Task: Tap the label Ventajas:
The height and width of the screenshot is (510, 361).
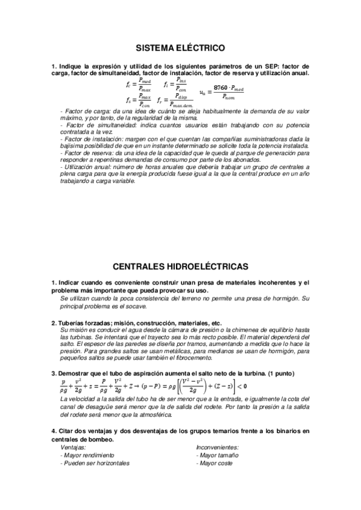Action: (74, 447)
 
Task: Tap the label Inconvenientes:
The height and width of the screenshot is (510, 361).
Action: (218, 447)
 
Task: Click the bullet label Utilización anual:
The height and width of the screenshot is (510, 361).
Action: (86, 167)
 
